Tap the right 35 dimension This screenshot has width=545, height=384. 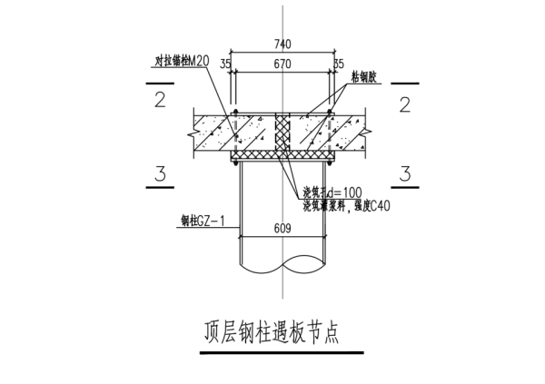[338, 64]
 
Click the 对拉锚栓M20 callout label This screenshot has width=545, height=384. [182, 62]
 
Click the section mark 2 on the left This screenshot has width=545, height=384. [160, 101]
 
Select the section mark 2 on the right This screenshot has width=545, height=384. [402, 101]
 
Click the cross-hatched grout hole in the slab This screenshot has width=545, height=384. [281, 133]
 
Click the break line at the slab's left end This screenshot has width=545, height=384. [193, 133]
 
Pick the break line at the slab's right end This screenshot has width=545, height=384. [368, 133]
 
